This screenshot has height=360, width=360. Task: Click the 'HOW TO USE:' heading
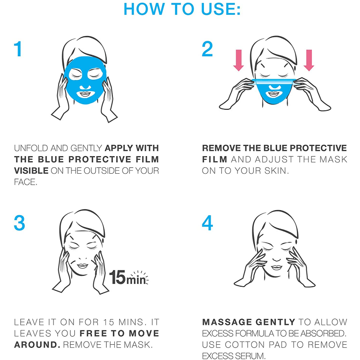click(x=182, y=9)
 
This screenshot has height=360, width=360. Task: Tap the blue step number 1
click(x=18, y=49)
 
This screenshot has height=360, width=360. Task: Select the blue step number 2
click(x=207, y=49)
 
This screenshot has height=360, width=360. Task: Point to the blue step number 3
click(x=19, y=223)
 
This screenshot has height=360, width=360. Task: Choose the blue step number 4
click(x=207, y=223)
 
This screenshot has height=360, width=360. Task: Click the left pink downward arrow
click(x=238, y=60)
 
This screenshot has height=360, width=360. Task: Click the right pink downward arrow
click(x=309, y=60)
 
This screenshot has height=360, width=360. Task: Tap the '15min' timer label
click(x=129, y=277)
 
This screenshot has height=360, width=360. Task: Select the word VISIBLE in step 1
click(x=31, y=171)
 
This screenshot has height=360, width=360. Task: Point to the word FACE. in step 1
click(x=26, y=182)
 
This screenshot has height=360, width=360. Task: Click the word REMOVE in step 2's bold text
click(x=221, y=148)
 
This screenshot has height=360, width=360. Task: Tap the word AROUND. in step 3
click(x=37, y=345)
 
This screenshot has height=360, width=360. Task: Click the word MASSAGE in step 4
click(x=227, y=322)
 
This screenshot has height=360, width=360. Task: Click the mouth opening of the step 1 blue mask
click(x=85, y=94)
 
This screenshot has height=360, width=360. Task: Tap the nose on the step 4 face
click(x=276, y=259)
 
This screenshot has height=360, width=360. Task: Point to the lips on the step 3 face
click(x=82, y=266)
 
